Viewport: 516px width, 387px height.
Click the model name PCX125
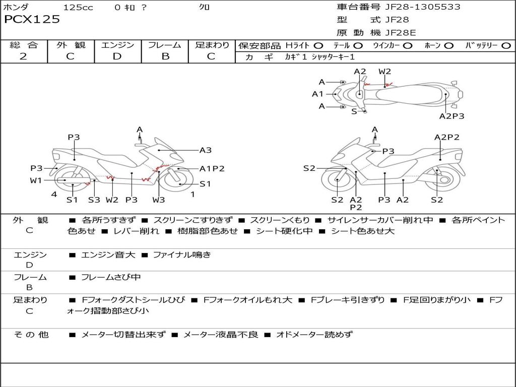tap(32, 20)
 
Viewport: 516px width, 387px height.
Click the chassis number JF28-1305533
tap(416, 7)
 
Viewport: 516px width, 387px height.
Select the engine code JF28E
tap(401, 33)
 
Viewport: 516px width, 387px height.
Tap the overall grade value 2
tap(23, 56)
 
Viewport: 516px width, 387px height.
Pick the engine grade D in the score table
tap(117, 56)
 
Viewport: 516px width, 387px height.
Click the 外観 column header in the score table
tap(71, 45)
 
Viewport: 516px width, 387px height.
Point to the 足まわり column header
tap(212, 45)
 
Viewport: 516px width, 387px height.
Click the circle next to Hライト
tap(318, 45)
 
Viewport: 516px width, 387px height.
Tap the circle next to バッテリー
tap(506, 45)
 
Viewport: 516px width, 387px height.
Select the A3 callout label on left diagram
tap(206, 150)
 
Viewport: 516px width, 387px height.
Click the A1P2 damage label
tap(212, 169)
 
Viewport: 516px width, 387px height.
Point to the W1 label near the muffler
tap(36, 180)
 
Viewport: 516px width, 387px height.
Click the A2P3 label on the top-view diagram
tap(451, 116)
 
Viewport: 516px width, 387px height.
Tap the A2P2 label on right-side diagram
tap(447, 137)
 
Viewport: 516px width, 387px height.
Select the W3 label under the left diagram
tap(159, 200)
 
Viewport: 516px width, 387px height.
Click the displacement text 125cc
tap(78, 7)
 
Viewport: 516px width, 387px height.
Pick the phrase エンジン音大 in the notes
tap(108, 255)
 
